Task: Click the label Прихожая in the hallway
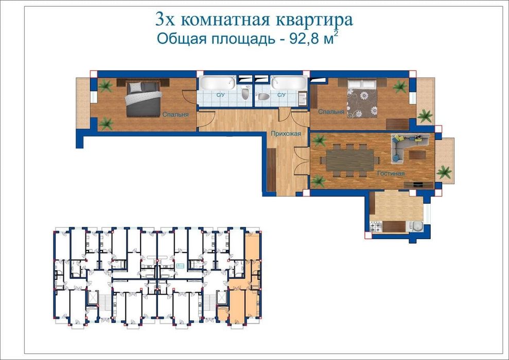pos(283,133)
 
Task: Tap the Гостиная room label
pos(390,174)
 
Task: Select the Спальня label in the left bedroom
pos(175,115)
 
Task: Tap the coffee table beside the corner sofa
pos(417,153)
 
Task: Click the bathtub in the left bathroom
pos(217,83)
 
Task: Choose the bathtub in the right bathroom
pos(289,83)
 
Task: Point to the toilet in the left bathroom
pos(245,94)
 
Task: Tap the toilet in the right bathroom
pos(262,96)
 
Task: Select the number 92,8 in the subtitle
pos(306,39)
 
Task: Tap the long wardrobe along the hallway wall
pos(271,170)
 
